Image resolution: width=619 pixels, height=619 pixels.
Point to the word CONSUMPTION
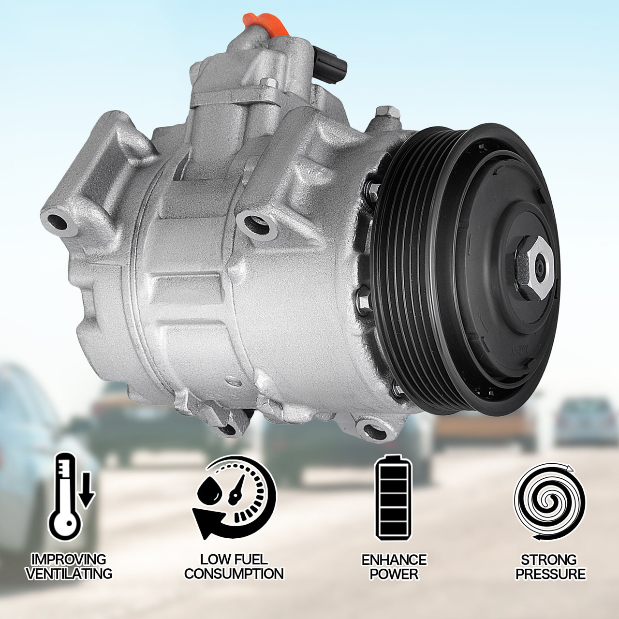coord(234,574)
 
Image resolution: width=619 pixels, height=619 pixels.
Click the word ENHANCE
coord(394,560)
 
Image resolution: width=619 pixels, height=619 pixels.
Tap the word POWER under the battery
coord(394,574)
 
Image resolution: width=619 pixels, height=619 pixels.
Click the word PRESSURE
coord(550,574)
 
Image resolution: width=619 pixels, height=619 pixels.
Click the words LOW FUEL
coord(234,560)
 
